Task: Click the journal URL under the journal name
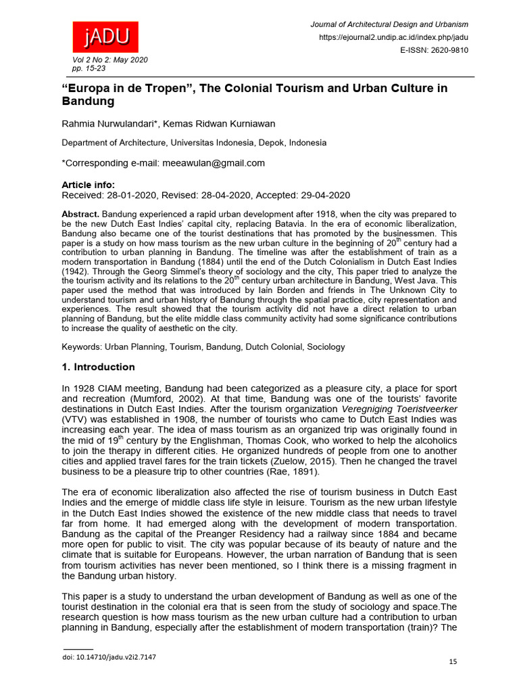coord(393,37)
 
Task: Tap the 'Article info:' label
coord(88,185)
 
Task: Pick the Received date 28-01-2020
coord(131,195)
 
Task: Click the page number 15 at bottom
coord(452,661)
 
